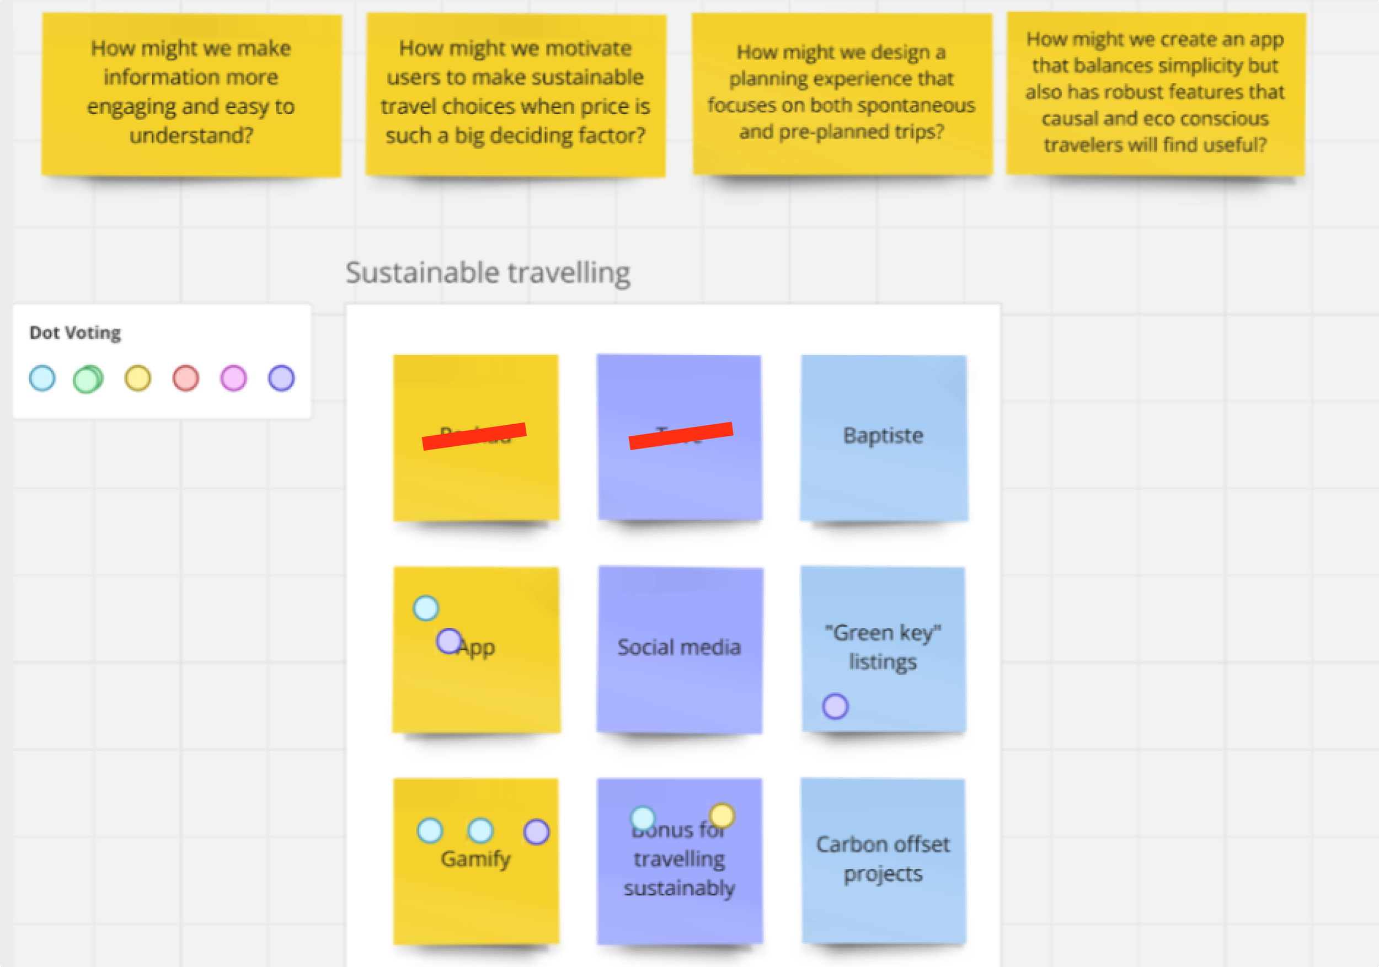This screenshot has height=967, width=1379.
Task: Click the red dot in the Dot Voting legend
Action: tap(185, 378)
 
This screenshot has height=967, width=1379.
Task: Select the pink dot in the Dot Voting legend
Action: tap(234, 378)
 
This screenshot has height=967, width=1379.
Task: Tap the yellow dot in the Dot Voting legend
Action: tap(137, 378)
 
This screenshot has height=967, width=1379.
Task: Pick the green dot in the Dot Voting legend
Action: tap(88, 379)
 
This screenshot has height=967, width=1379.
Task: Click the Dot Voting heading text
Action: tap(75, 333)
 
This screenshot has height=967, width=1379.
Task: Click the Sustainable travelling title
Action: tap(488, 273)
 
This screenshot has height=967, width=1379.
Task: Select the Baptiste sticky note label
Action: tap(883, 435)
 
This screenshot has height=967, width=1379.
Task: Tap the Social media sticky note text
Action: tap(679, 647)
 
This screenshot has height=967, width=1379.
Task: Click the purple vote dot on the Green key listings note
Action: tap(836, 706)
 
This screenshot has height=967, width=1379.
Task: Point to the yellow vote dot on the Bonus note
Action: tap(722, 816)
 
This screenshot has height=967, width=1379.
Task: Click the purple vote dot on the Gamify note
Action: tap(536, 832)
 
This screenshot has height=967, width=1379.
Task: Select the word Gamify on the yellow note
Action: tap(475, 858)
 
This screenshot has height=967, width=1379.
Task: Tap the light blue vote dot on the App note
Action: tap(426, 608)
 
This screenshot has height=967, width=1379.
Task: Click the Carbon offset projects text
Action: tap(883, 859)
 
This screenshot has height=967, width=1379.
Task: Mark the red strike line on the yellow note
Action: tap(474, 436)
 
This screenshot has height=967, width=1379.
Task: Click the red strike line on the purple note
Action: tap(681, 435)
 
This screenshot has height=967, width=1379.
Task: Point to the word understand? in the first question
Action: tap(191, 136)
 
